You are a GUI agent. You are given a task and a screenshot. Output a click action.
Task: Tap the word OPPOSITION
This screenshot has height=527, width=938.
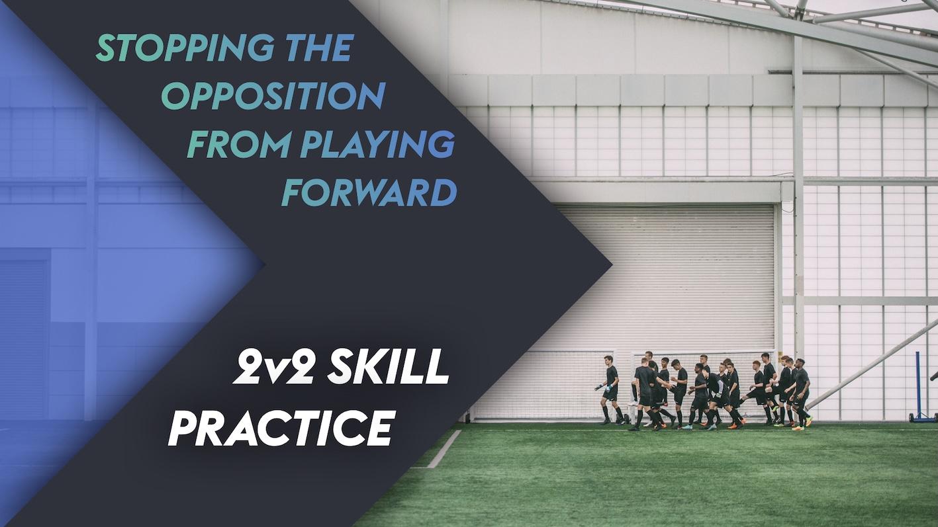pos(273,97)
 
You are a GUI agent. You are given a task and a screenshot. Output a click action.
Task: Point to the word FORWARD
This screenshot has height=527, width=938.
pos(369,193)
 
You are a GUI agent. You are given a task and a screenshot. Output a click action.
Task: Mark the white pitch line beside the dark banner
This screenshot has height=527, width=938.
pos(444,450)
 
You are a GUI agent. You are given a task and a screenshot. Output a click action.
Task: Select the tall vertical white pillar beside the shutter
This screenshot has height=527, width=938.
pos(798,198)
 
